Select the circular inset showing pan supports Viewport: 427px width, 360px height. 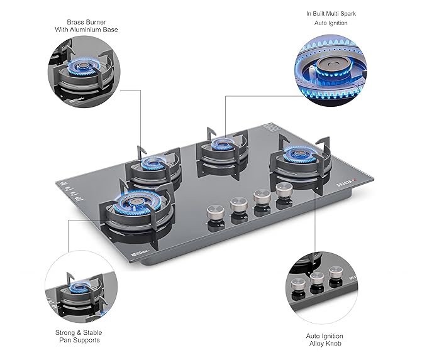click(x=80, y=288)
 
